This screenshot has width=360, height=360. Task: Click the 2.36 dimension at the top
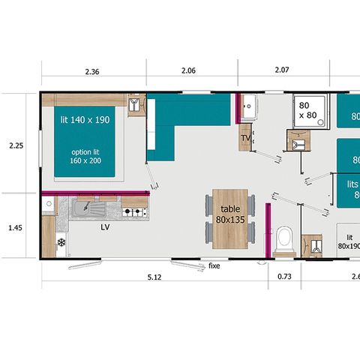pyautogui.click(x=92, y=72)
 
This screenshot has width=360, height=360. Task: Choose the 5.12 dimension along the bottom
pyautogui.click(x=154, y=277)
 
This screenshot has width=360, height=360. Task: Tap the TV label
pyautogui.click(x=245, y=139)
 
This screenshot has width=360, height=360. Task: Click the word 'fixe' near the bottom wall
pyautogui.click(x=214, y=265)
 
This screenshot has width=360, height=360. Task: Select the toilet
pyautogui.click(x=284, y=240)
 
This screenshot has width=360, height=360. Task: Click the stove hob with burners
pyautogui.click(x=133, y=213)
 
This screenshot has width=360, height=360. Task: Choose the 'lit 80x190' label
pyautogui.click(x=348, y=241)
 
